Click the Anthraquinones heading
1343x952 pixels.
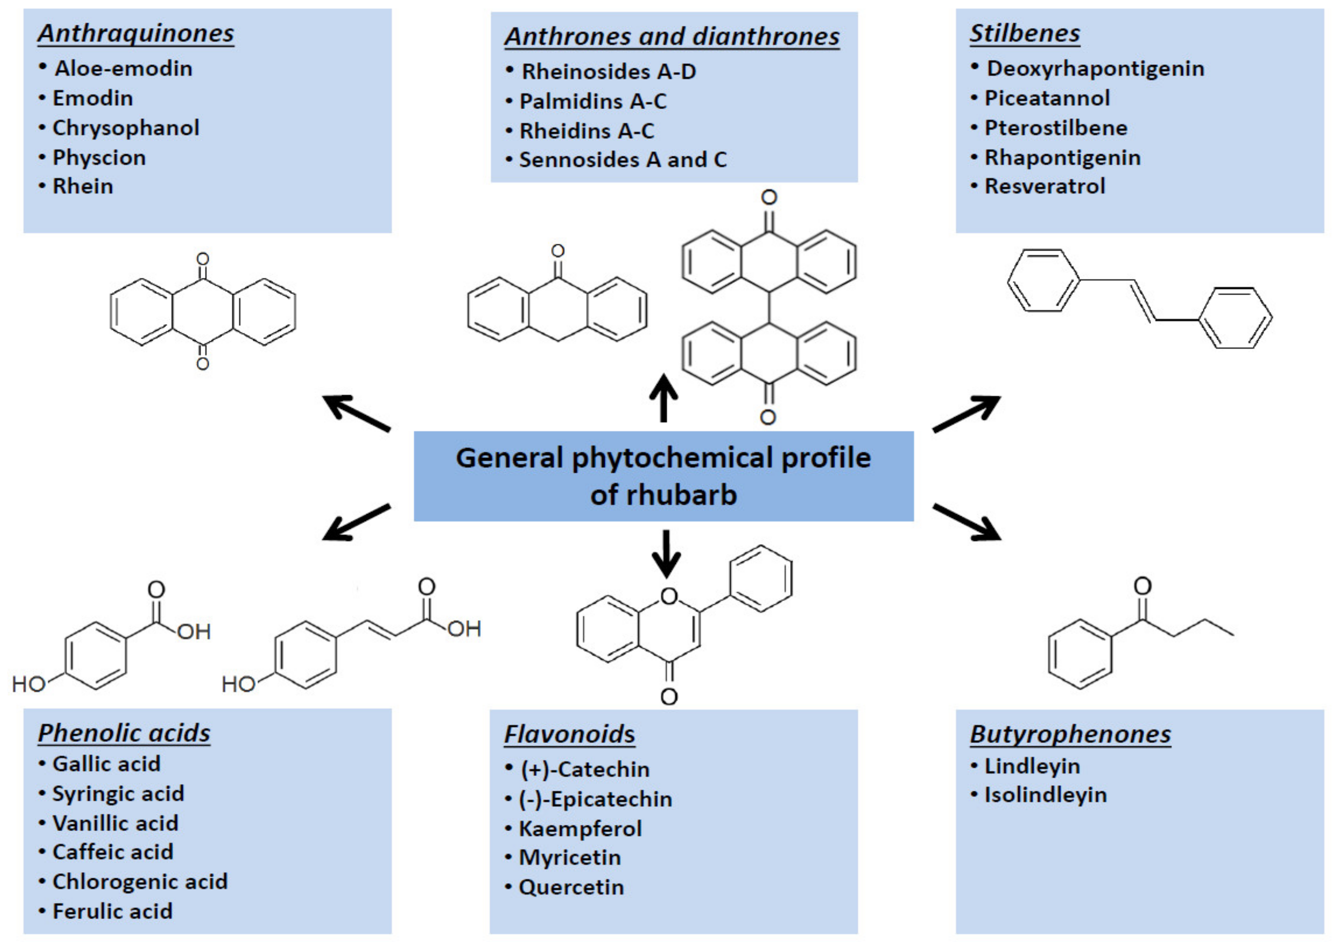tap(136, 33)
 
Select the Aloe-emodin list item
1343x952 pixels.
tap(123, 68)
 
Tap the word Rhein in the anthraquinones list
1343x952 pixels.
tap(82, 186)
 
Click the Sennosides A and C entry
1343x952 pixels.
tap(622, 160)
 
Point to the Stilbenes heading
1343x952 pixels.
tap(1024, 33)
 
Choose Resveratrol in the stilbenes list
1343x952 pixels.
tap(1045, 186)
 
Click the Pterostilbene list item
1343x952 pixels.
tap(1056, 128)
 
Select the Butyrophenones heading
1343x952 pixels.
tap(1070, 734)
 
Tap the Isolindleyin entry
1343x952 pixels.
tap(1045, 795)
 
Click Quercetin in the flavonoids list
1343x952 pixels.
tap(571, 887)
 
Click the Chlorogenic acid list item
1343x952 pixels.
tap(139, 881)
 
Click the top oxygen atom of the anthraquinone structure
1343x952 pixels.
tap(203, 259)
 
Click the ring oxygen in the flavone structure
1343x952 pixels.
tap(669, 596)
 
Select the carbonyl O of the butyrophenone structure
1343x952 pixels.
tap(1143, 585)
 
